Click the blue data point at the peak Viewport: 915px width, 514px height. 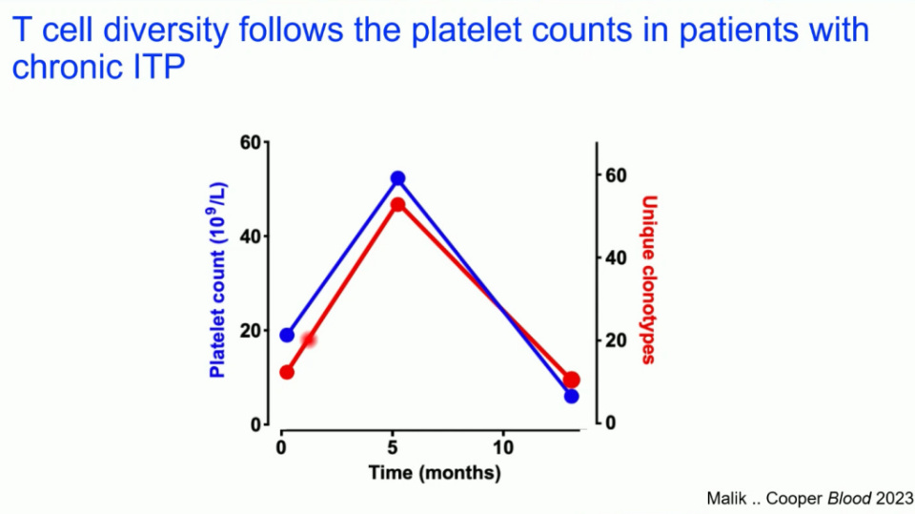pos(397,178)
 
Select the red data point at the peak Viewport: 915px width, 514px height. pos(397,205)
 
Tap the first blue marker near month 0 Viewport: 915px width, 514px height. pos(287,335)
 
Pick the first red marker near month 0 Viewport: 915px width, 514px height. pos(287,372)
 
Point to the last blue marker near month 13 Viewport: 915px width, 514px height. pos(571,396)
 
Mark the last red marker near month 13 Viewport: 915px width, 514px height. pos(571,380)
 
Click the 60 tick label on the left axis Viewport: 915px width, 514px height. pos(250,142)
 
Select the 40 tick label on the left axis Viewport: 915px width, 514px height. pos(250,236)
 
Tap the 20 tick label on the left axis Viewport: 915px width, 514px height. pos(250,331)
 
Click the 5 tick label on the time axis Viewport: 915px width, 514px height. pos(392,446)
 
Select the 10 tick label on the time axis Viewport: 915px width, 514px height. pos(503,446)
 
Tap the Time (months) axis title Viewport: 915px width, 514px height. pos(434,472)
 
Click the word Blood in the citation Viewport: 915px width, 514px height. pos(850,496)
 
